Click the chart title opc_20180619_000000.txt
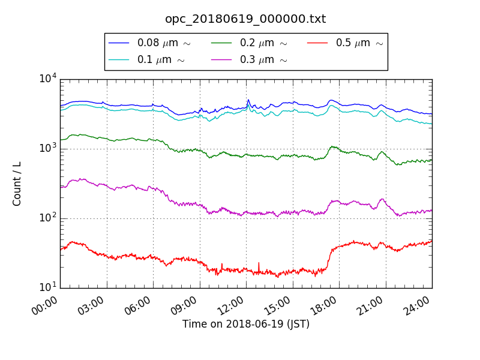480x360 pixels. (245, 19)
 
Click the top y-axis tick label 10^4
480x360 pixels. (48, 79)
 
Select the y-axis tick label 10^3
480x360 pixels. (48, 148)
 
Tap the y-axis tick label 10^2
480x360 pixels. (48, 218)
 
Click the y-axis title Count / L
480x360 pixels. (17, 184)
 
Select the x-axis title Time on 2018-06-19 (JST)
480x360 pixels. (245, 325)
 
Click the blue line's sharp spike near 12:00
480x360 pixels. (248, 100)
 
